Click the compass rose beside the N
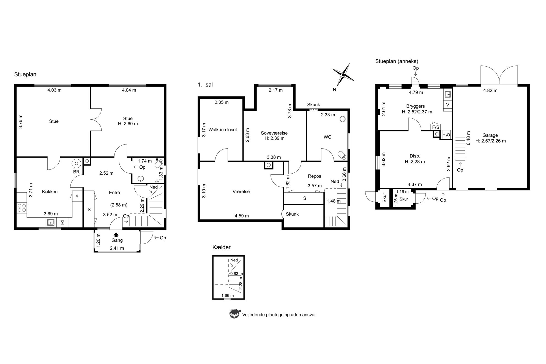pos(343,75)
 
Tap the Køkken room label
pos(50,192)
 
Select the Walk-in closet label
pos(223,130)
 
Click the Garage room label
pos(490,135)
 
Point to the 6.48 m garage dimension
pos(468,138)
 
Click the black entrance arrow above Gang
pos(116,234)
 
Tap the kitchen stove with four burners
pos(22,208)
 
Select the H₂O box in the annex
pos(446,135)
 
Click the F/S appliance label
pos(436,127)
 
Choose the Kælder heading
pos(222,247)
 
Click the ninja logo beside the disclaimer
pos(234,314)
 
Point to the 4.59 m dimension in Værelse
pos(242,216)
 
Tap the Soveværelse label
pos(274,133)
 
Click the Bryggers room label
pos(416,106)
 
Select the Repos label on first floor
pos(315,176)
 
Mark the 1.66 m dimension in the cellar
pos(228,295)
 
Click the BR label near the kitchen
pos(76,172)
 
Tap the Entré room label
pos(114,193)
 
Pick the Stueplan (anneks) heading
pos(397,61)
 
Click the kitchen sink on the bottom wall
pos(51,222)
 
